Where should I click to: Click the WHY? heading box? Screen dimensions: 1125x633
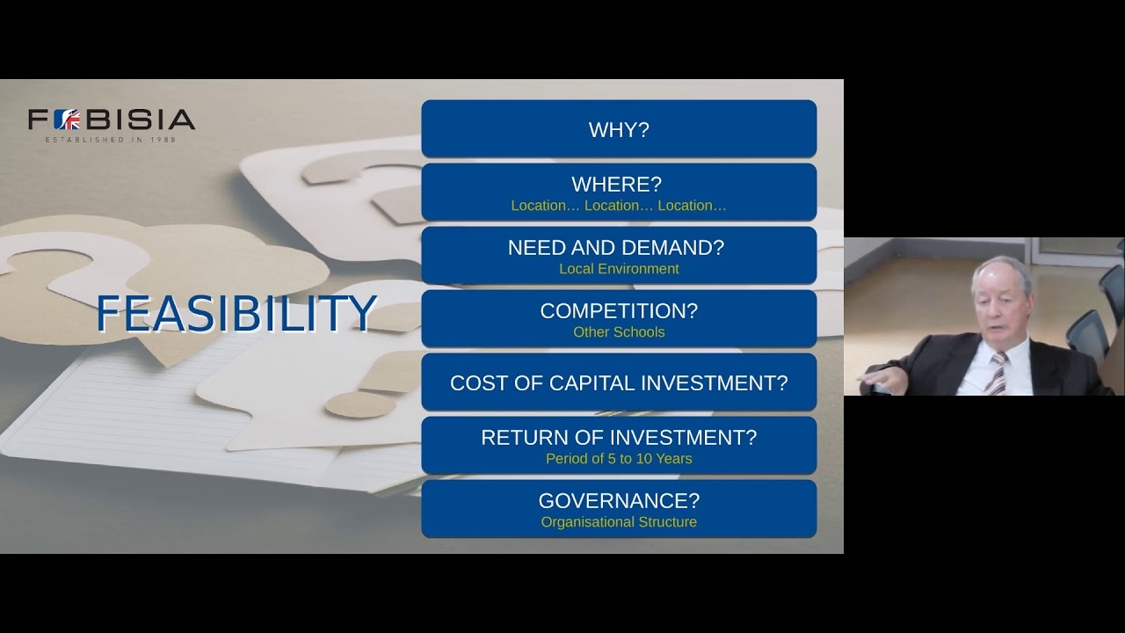pos(619,128)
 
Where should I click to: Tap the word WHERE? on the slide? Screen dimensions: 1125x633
pos(617,185)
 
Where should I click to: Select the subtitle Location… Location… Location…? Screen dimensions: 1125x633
pos(619,206)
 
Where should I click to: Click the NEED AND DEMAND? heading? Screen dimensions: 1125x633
pos(616,248)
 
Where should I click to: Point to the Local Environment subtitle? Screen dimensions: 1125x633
pos(619,269)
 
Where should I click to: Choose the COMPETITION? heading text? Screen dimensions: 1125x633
pos(619,311)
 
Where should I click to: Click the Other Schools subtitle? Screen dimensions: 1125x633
pos(619,332)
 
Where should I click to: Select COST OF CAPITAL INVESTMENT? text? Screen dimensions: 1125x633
pos(619,382)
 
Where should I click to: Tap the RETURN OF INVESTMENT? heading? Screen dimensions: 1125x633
pos(619,438)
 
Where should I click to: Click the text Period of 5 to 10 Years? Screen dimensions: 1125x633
pos(619,459)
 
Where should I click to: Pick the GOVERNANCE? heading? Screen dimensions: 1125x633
pos(619,501)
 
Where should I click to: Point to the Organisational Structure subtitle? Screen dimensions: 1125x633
pos(619,522)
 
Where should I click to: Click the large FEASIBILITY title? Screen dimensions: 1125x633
pos(236,314)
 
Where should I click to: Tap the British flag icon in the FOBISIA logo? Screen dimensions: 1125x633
pos(68,120)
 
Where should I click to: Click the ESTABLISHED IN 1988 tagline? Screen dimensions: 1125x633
pos(111,140)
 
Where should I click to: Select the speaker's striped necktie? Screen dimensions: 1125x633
pos(997,373)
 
